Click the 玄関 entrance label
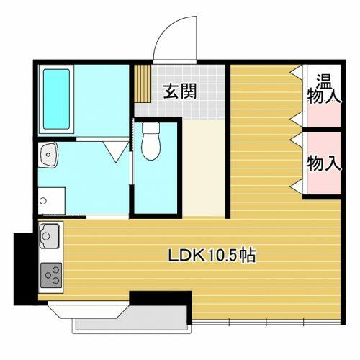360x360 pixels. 180,91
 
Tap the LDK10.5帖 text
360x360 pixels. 212,255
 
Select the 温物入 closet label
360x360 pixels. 324,89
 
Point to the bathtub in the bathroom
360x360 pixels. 56,99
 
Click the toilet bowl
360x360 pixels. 150,147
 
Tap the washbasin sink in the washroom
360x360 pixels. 49,155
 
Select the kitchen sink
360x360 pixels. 50,236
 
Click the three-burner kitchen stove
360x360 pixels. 51,275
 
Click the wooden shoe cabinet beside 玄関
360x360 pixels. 143,84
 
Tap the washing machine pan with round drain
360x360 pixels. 52,201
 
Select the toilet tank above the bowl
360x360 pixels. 151,128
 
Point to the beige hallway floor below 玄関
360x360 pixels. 204,168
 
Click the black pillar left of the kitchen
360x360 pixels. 24,269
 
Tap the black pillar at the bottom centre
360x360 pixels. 161,298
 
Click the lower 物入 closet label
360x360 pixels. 324,163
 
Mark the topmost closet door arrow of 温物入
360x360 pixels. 297,71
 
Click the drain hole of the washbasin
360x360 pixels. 48,155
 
